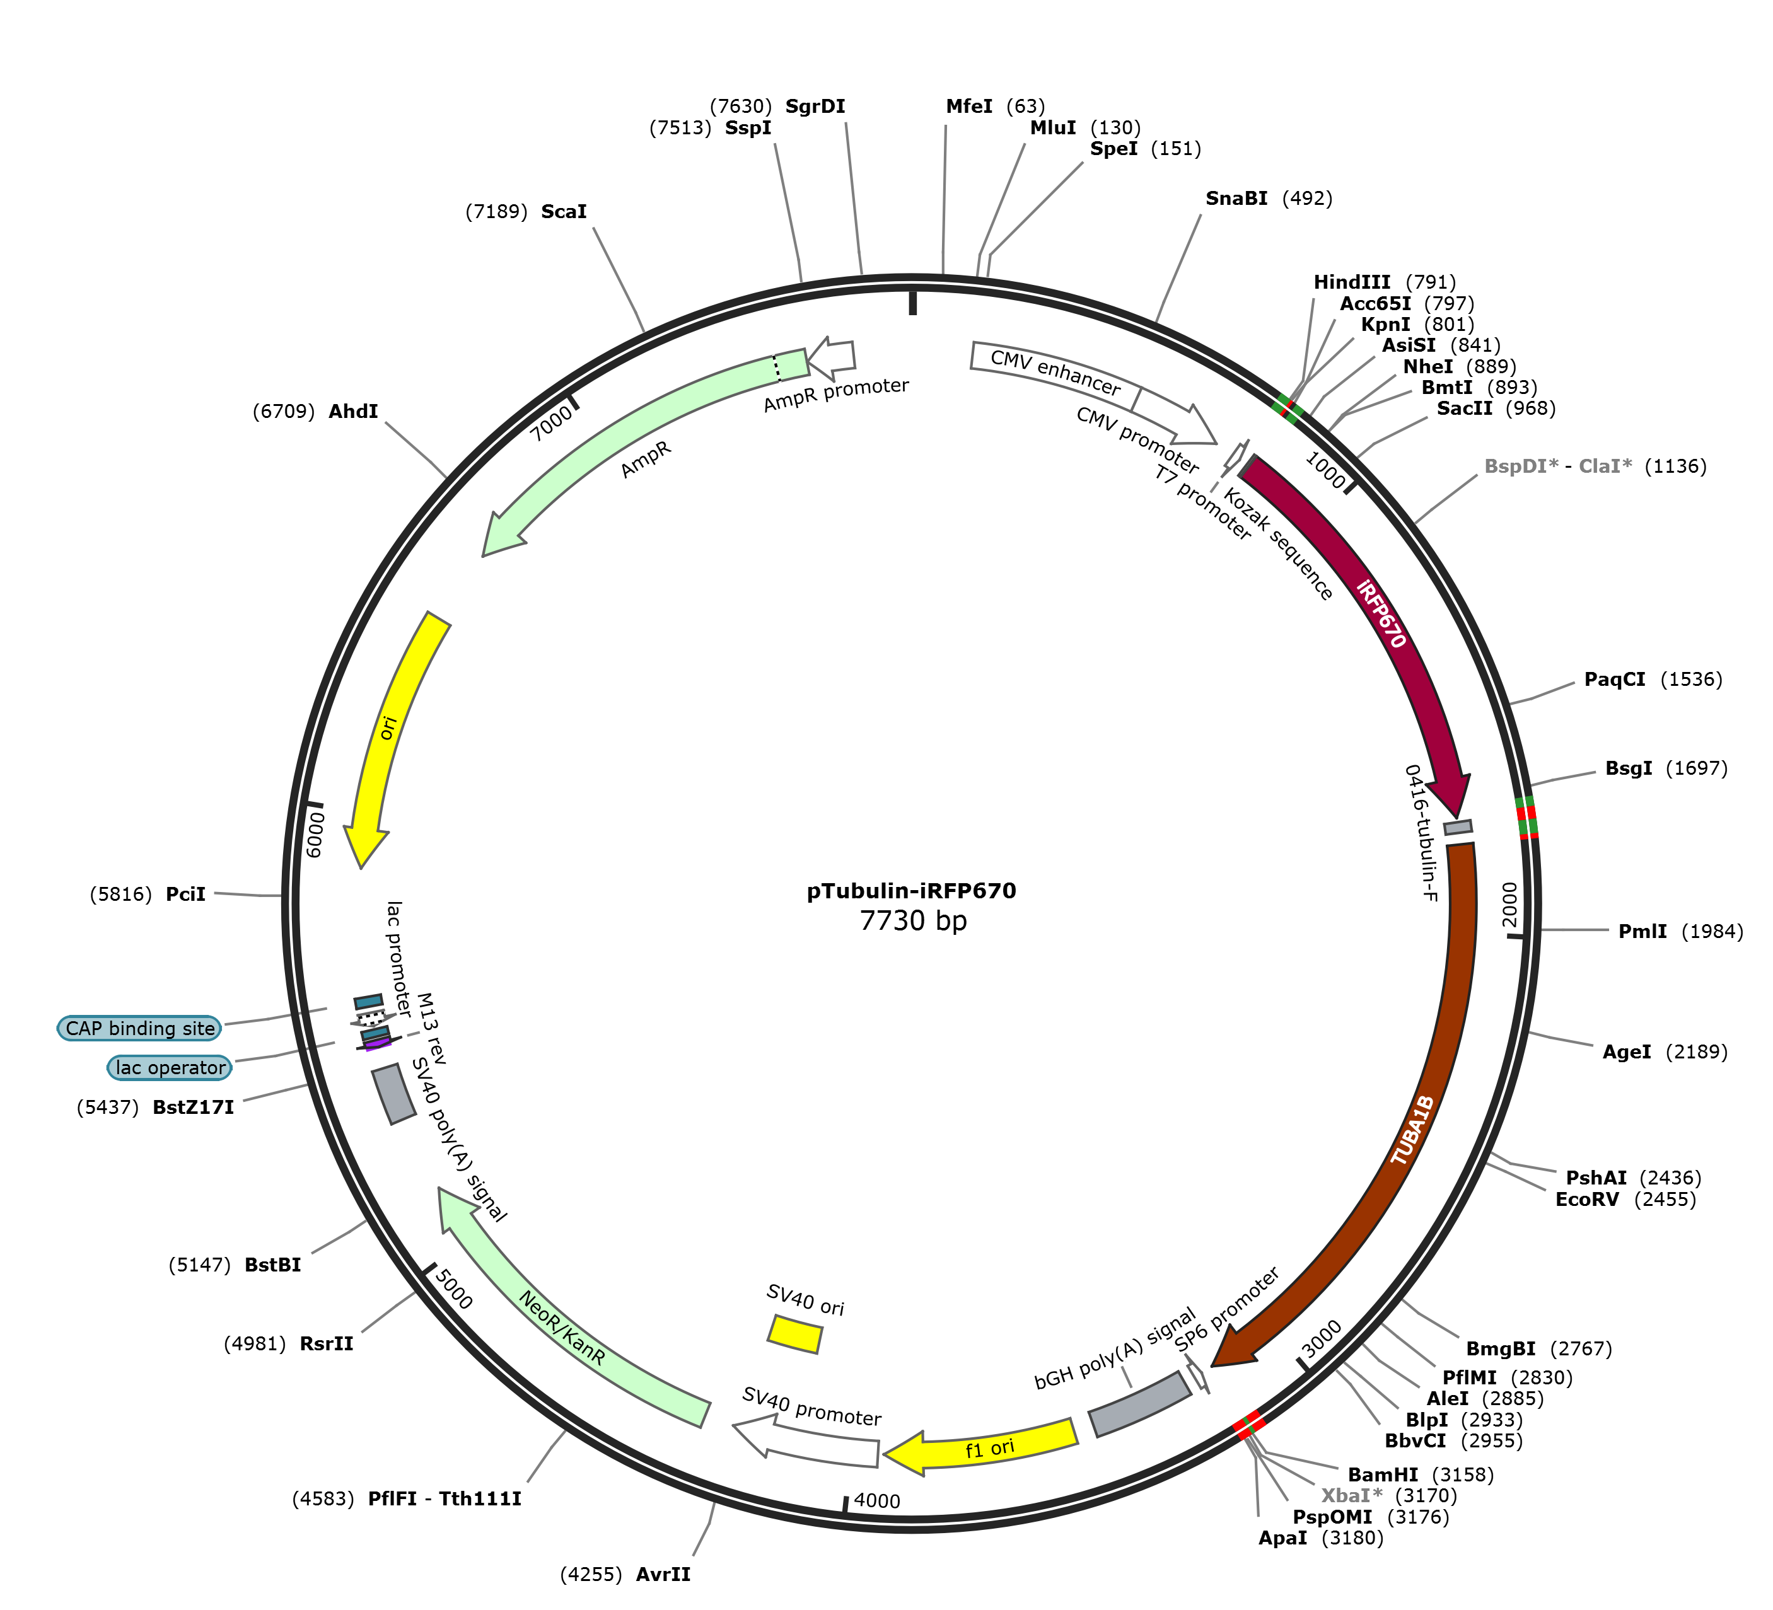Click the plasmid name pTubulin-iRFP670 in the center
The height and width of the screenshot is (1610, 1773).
(x=911, y=891)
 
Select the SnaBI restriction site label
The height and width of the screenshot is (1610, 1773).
(x=1236, y=199)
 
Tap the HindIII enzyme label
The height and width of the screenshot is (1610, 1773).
(x=1352, y=282)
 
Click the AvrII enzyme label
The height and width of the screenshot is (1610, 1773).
(x=663, y=1574)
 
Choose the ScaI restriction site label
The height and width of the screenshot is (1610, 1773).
(x=564, y=212)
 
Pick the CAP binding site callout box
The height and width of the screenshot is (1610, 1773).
(x=140, y=1028)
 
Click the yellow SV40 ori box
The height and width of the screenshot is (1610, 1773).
(x=795, y=1334)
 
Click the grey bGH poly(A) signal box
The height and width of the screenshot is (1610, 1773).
(x=1141, y=1404)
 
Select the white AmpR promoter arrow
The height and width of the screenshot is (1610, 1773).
(x=831, y=356)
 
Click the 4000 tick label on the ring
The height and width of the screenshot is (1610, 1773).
(x=877, y=1501)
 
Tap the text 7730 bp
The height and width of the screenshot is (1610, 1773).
(x=913, y=920)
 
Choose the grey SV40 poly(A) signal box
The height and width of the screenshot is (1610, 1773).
(x=393, y=1095)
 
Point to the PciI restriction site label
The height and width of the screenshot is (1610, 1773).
(x=185, y=895)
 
